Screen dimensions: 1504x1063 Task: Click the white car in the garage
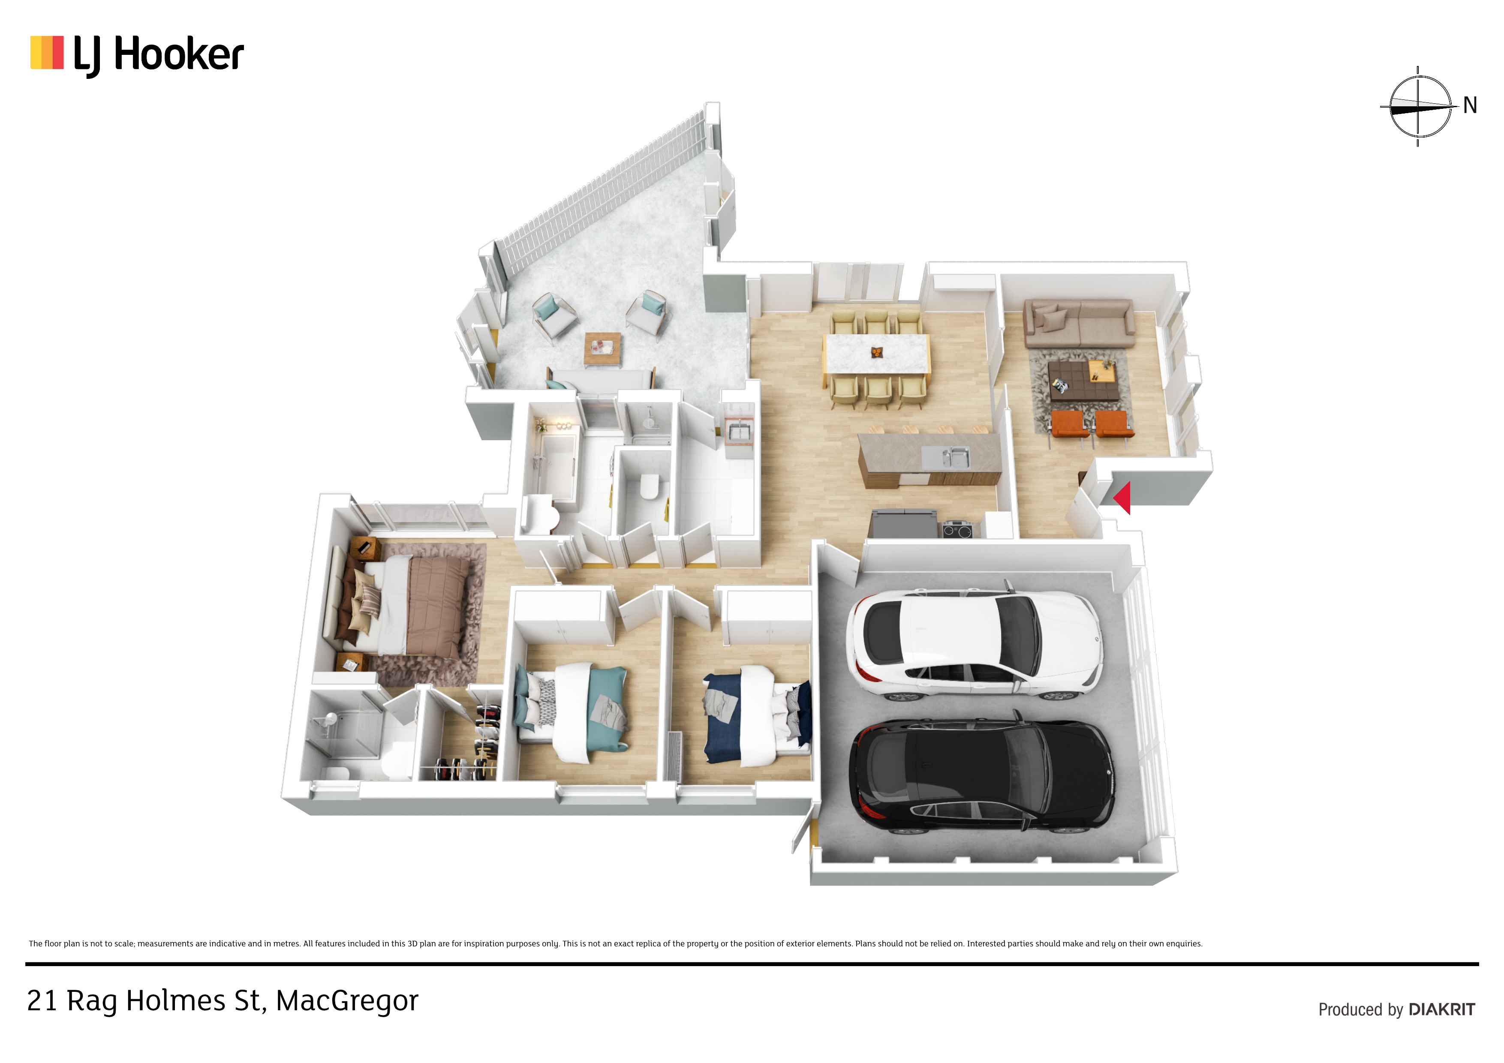[975, 644]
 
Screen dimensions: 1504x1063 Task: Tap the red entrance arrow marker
[1122, 498]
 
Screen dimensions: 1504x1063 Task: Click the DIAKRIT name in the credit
[1442, 1009]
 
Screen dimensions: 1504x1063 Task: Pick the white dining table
[876, 354]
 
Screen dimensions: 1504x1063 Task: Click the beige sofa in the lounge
[1079, 324]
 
